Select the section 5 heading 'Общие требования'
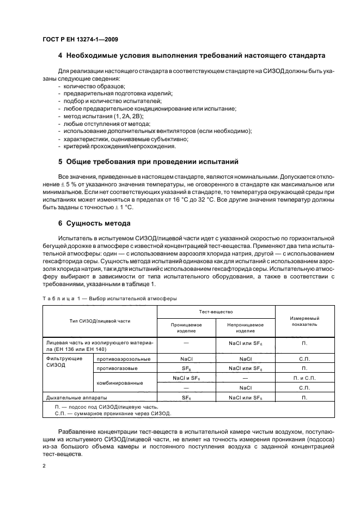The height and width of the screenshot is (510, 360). (x=148, y=162)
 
